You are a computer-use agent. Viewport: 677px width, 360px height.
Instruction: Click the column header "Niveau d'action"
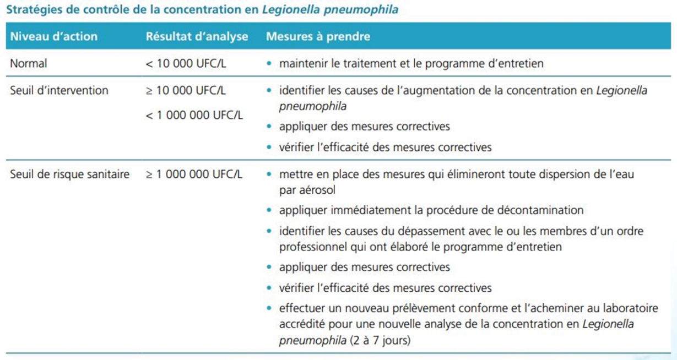[53, 37]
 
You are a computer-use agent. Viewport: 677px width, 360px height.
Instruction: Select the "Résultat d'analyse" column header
[197, 37]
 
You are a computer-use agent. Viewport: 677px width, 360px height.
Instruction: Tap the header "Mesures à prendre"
[318, 37]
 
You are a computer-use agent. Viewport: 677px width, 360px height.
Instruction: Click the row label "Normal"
[29, 63]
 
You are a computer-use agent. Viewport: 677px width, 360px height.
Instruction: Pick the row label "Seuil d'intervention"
[59, 90]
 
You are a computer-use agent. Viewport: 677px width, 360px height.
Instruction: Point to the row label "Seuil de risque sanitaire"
[70, 174]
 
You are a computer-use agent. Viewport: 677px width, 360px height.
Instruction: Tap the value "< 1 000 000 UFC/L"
[194, 116]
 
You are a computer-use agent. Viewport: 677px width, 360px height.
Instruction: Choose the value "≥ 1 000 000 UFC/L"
[194, 174]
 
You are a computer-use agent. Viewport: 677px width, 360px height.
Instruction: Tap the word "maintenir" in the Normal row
[302, 63]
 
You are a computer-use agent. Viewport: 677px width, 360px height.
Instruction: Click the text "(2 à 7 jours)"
[380, 340]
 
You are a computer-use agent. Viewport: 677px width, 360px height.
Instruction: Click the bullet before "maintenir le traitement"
[269, 64]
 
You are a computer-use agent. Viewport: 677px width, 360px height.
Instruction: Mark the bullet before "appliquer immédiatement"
[269, 211]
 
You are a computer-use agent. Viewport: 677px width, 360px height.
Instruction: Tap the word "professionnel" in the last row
[311, 247]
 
